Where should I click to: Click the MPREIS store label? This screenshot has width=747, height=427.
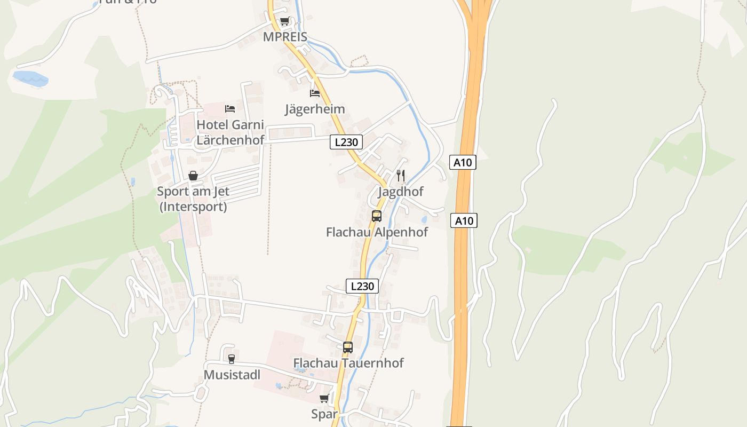[x=285, y=37]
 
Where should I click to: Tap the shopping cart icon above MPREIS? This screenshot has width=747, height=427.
[x=284, y=22]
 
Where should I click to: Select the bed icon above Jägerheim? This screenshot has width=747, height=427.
[x=315, y=93]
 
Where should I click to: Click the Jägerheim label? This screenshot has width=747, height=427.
[x=315, y=109]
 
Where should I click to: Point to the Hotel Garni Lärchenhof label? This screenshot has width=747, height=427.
[x=231, y=132]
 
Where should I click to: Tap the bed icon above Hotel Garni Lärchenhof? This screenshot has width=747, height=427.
[x=230, y=109]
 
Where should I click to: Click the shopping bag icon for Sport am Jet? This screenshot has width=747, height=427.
[x=193, y=176]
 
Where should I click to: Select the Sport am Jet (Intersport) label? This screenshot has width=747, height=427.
[x=193, y=199]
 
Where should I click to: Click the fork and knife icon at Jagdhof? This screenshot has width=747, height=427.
[x=401, y=175]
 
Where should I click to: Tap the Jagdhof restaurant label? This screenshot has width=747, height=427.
[x=401, y=192]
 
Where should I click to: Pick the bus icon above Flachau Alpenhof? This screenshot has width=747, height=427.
[x=377, y=216]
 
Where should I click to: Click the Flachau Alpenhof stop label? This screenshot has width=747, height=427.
[x=377, y=232]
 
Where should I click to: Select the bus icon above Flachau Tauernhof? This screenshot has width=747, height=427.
[x=348, y=347]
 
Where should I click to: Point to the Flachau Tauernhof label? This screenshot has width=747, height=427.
[x=348, y=363]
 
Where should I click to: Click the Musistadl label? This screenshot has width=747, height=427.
[x=232, y=375]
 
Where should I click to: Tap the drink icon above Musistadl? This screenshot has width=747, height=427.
[x=231, y=359]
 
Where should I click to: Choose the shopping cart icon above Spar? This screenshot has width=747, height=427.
[x=324, y=399]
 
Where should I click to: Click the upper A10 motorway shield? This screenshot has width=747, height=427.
[x=463, y=162]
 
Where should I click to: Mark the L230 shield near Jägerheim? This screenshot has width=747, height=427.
[x=346, y=142]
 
